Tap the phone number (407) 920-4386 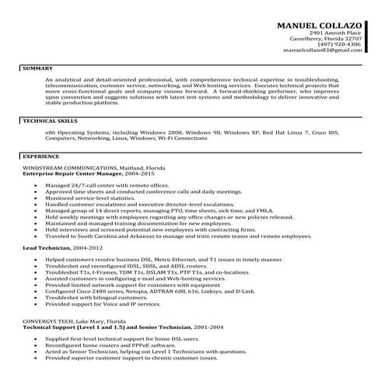point(339,44)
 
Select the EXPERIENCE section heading point(41,156)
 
